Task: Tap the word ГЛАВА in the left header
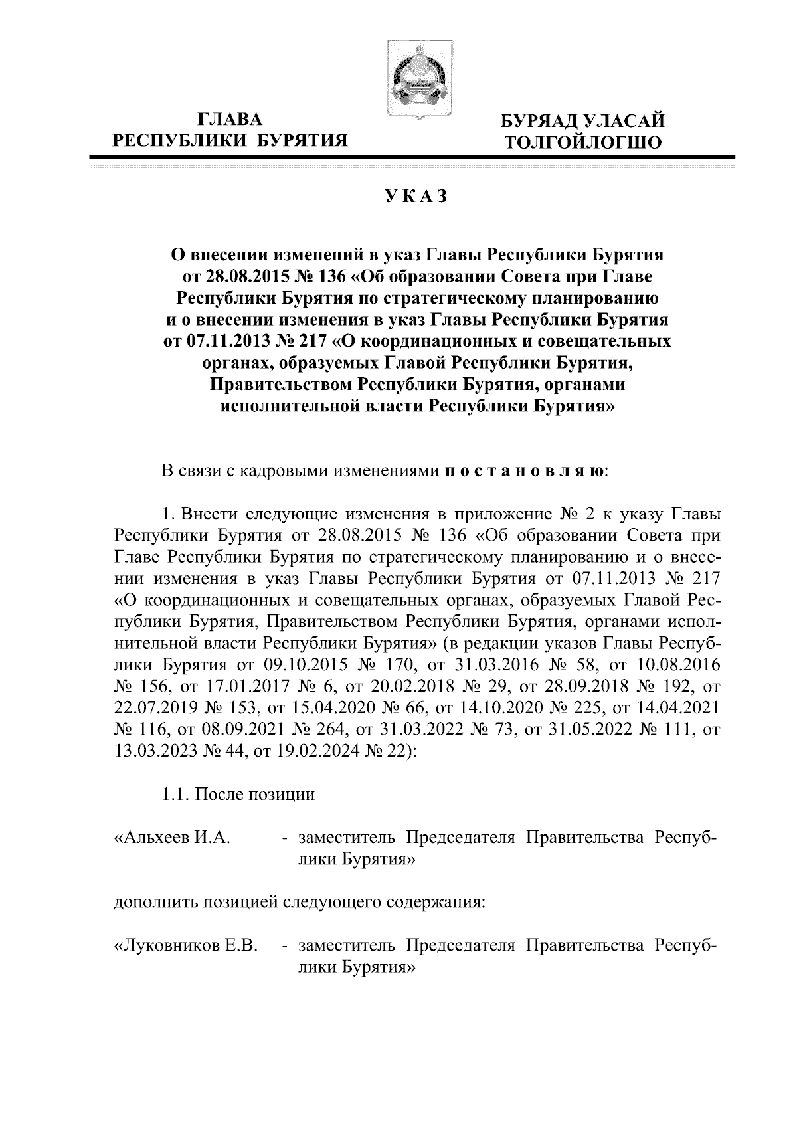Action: point(230,120)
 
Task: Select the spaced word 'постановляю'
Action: point(523,472)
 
